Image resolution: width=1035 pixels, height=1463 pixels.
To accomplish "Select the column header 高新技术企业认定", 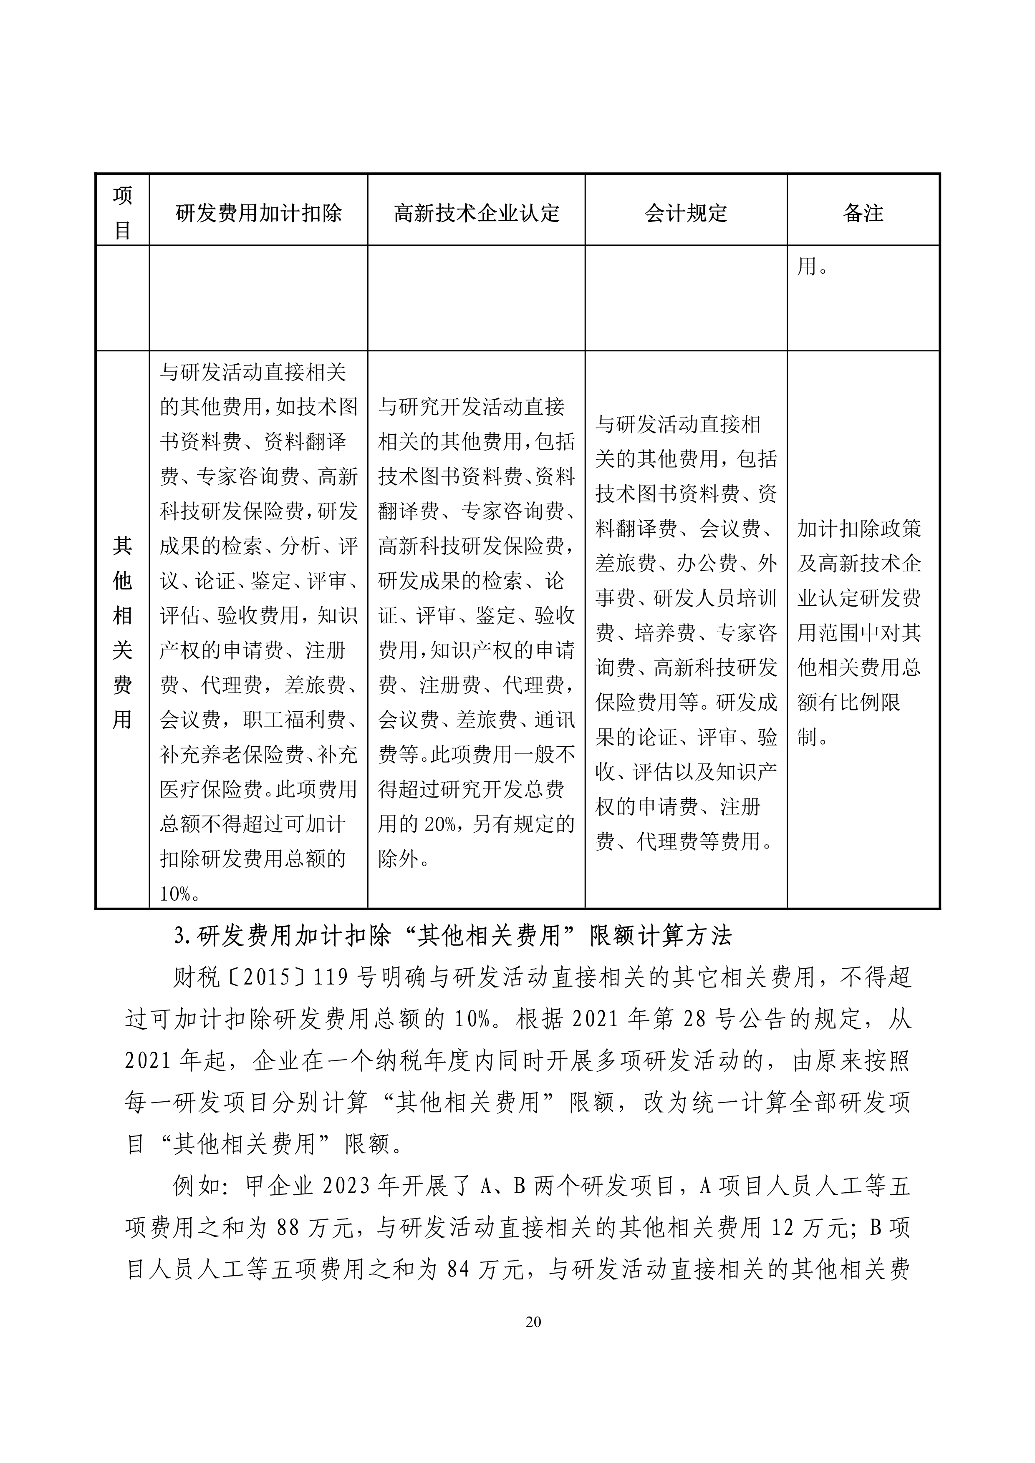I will click(x=476, y=213).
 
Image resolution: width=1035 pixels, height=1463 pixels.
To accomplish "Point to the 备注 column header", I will click(x=863, y=213).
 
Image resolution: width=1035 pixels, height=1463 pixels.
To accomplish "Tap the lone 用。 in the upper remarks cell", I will click(x=812, y=266).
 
